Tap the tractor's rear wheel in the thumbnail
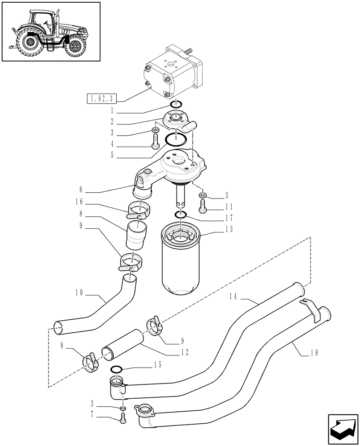click(30, 44)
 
